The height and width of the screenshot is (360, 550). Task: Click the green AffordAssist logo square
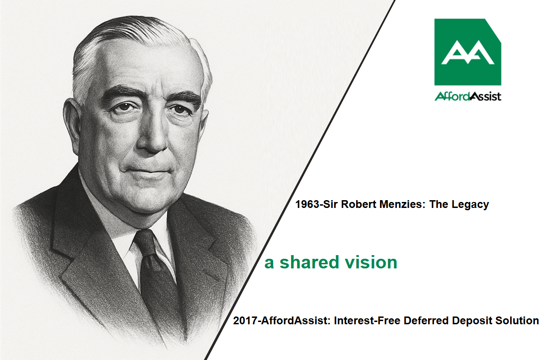(x=467, y=52)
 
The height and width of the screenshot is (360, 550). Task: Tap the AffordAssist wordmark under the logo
(x=468, y=96)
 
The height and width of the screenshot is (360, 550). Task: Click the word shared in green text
(x=309, y=262)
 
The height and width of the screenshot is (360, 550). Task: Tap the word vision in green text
(x=371, y=262)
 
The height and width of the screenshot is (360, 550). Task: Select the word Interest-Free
(x=367, y=321)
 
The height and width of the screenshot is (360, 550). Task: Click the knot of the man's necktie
(x=145, y=242)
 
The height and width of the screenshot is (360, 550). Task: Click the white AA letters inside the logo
(x=468, y=52)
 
